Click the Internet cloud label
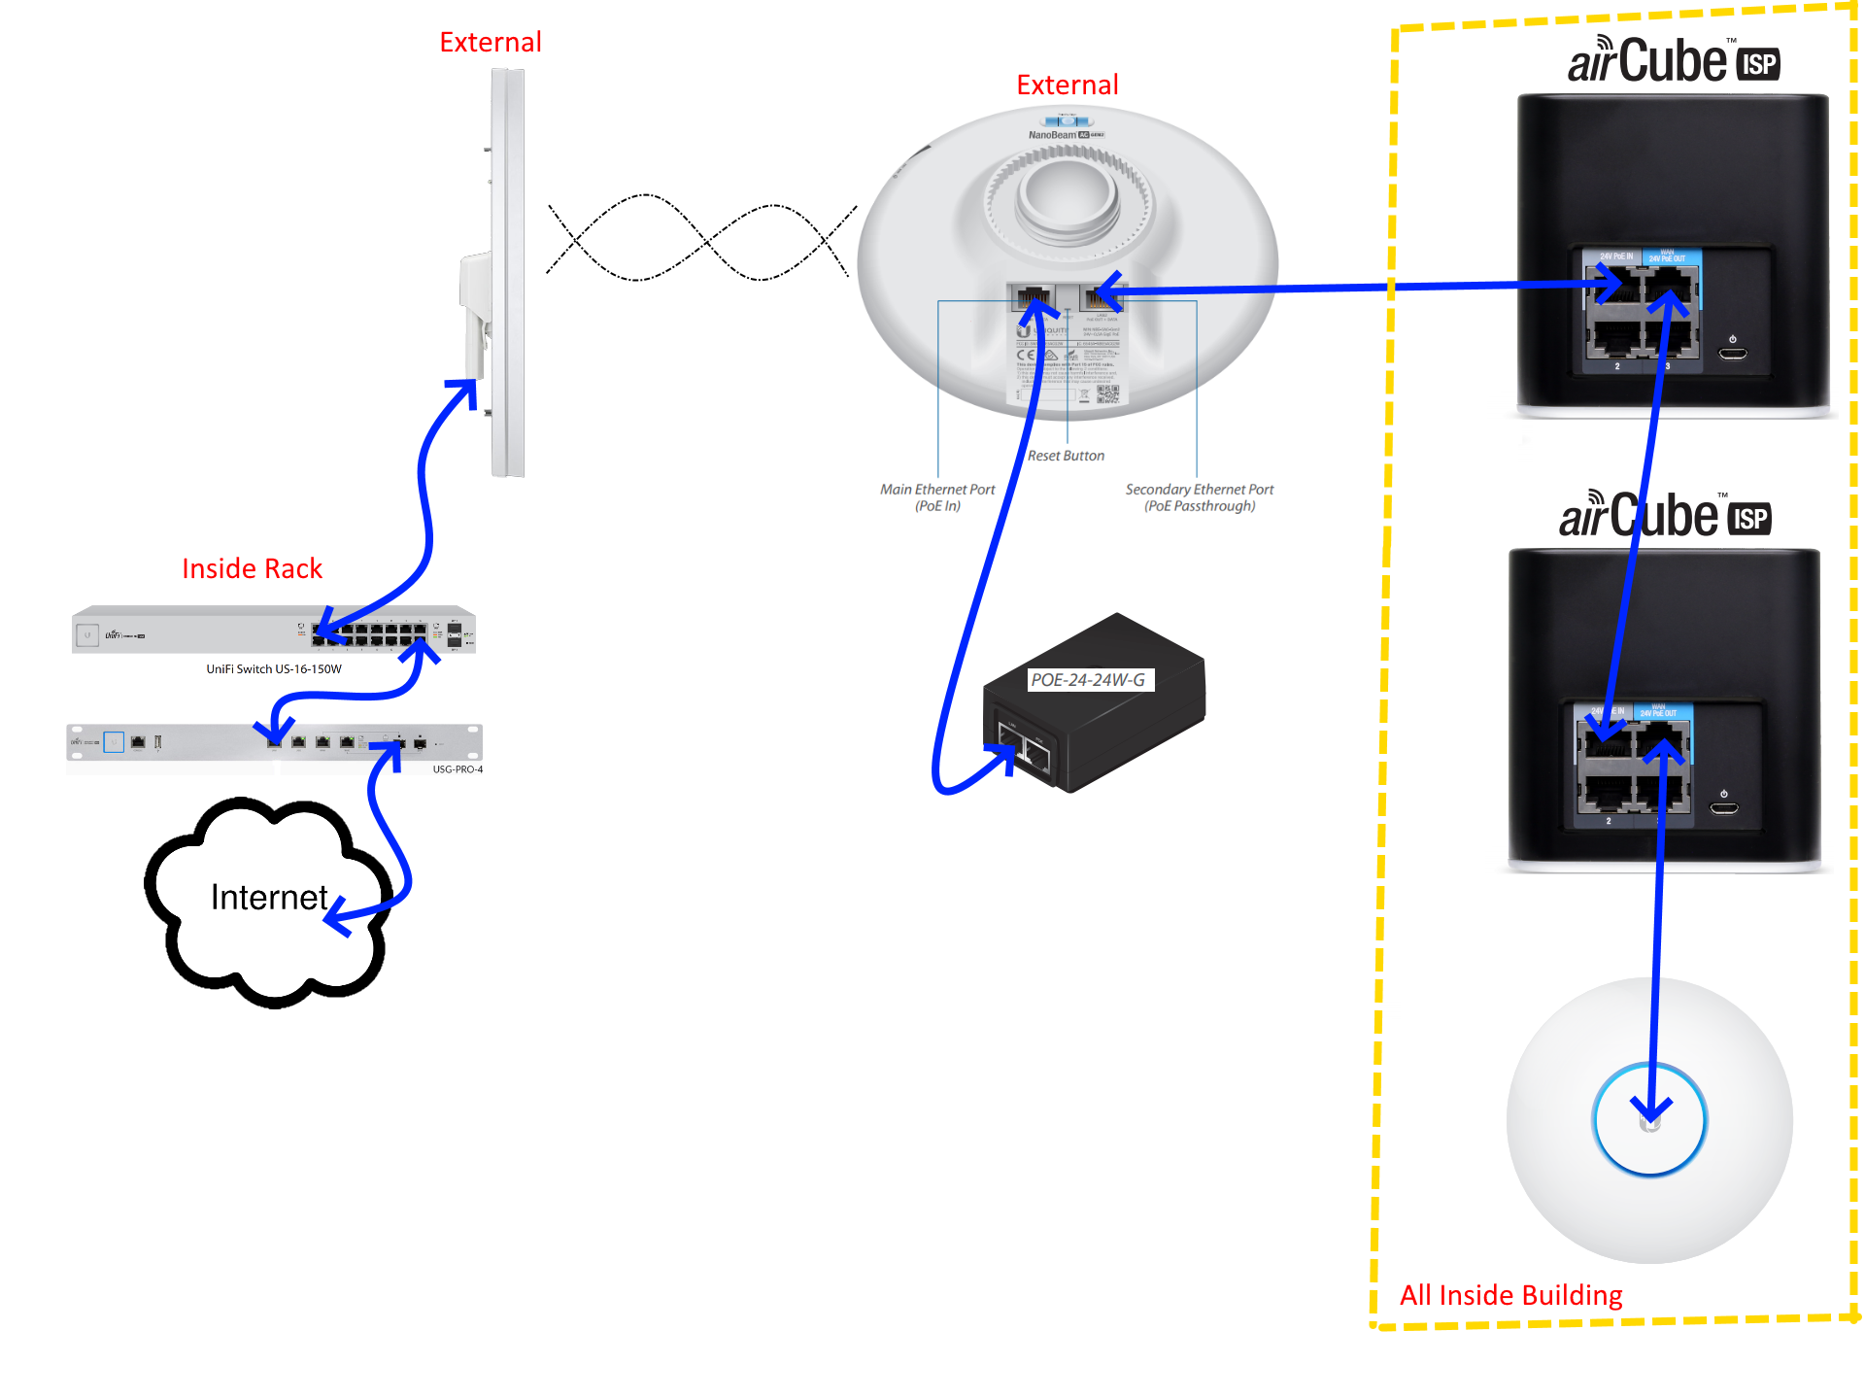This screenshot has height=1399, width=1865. click(269, 897)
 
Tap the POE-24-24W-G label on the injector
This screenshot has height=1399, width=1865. click(1088, 680)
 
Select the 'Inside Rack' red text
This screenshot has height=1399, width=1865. click(252, 568)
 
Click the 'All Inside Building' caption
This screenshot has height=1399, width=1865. click(1510, 1295)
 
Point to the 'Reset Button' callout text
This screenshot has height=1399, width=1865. click(1066, 456)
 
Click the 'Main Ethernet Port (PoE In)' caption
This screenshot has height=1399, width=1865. click(937, 497)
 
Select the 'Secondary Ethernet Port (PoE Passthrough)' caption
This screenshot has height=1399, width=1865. click(1200, 497)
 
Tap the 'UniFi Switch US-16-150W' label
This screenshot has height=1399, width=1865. click(274, 669)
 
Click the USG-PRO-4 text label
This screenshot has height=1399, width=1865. click(458, 769)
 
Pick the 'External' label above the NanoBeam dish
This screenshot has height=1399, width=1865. click(1068, 85)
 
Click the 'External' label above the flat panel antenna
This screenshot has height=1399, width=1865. click(491, 43)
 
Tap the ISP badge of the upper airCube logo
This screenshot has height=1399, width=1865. click(1758, 64)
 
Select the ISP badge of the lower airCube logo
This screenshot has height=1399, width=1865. click(1749, 519)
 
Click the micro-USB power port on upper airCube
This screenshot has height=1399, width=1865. click(1733, 353)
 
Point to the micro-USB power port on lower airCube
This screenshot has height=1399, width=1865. click(1724, 807)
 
